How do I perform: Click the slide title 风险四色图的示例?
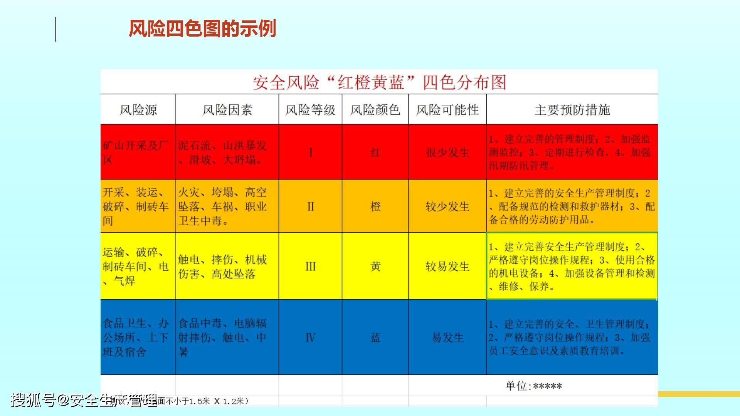coord(202,29)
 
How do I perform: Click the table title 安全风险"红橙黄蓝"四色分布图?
coord(379,82)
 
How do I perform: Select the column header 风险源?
coord(138,110)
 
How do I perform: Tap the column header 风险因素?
coord(227,110)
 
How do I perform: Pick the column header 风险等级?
coord(310,110)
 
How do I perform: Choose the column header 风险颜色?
coord(375,110)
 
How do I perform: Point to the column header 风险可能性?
coord(447,110)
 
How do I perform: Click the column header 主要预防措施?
coord(572,110)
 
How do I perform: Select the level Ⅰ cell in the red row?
coord(311,153)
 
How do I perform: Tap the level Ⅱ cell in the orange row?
coord(311,206)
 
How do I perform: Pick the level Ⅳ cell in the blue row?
coord(311,338)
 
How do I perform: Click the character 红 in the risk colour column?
coord(375,153)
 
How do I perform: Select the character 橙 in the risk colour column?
coord(375,206)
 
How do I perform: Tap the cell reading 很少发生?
coord(447,153)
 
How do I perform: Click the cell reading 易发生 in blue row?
coord(447,338)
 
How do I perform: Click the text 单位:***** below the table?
coord(533,386)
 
